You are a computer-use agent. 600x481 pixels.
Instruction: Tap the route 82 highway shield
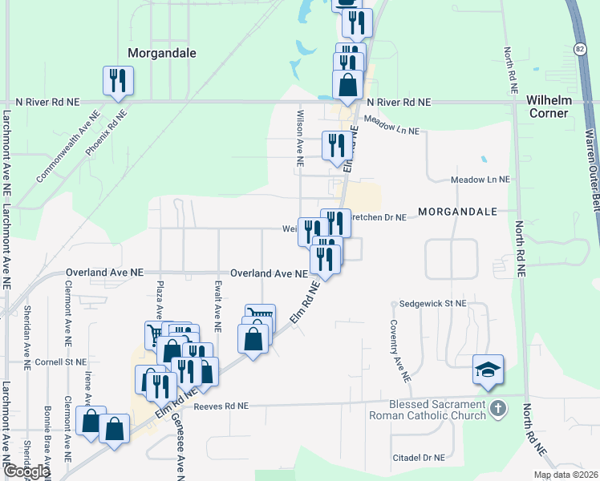click(x=580, y=50)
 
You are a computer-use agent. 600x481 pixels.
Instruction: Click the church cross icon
click(x=497, y=409)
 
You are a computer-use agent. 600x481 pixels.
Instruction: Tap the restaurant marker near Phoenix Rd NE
click(x=118, y=81)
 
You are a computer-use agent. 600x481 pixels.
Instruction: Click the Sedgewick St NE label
click(x=433, y=304)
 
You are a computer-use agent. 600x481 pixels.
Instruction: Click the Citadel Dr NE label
click(x=417, y=458)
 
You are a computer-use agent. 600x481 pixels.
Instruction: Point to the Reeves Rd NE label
click(x=221, y=406)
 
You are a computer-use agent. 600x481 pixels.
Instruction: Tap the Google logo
click(x=26, y=471)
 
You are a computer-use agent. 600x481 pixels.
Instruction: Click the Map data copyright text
click(x=565, y=475)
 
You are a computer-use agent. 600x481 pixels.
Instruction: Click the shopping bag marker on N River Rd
click(x=347, y=85)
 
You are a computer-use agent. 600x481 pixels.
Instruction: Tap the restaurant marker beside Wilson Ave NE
click(x=334, y=145)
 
